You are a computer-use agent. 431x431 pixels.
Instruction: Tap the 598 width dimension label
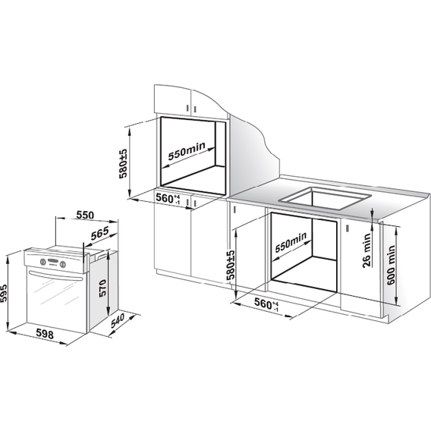pos(45,334)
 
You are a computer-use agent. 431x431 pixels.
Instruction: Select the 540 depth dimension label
pos(118,320)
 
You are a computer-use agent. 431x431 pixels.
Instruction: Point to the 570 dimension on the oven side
pos(102,288)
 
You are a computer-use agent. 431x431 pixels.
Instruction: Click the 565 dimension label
pos(99,233)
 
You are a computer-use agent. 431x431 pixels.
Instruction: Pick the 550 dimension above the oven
pos(85,215)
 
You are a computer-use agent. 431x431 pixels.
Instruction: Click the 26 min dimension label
pos(367,250)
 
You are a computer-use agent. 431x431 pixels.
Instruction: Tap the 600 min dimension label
pos(391,265)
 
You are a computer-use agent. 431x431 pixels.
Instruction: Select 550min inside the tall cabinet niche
pos(187,151)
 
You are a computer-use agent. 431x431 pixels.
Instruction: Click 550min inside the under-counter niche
pos(291,242)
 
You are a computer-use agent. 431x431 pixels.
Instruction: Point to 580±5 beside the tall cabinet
pos(123,164)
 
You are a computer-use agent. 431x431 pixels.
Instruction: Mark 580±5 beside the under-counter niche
pos(231,266)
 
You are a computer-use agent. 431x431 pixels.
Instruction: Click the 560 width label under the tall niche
pos(168,198)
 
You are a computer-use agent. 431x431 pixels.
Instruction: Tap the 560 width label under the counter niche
pos(266,304)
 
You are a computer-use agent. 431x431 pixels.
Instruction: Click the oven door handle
pos(56,276)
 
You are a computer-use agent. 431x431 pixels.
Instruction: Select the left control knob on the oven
pos(43,261)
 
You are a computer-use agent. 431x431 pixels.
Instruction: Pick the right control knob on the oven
pos(63,264)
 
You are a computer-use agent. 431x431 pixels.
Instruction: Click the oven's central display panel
pos(52,261)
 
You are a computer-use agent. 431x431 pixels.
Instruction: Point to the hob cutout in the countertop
pos(325,197)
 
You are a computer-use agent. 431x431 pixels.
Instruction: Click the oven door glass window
pos(56,297)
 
